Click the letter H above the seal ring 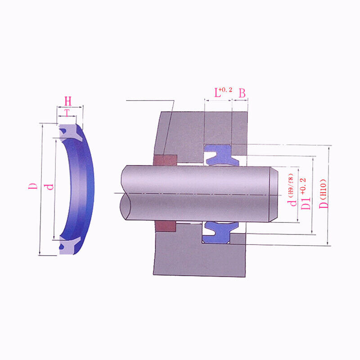[x=68, y=101]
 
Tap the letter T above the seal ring [x=67, y=113]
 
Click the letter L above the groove [x=217, y=93]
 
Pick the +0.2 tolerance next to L [x=226, y=90]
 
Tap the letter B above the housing [x=242, y=93]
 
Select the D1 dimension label [x=306, y=203]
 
